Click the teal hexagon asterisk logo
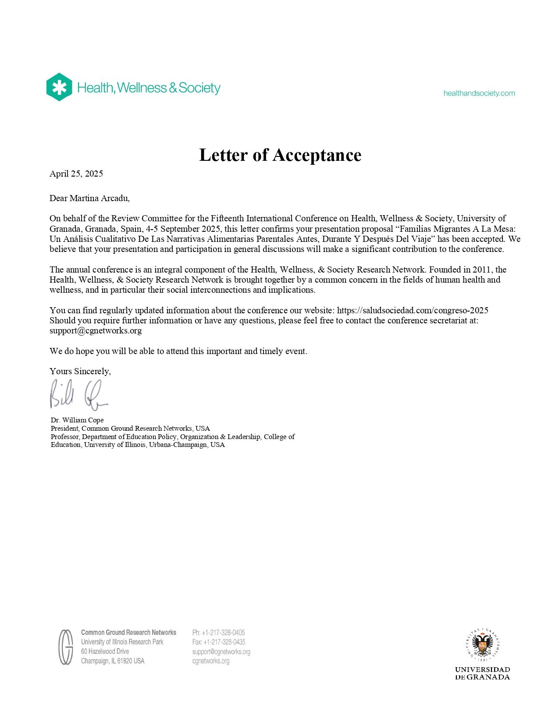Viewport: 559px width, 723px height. [59, 87]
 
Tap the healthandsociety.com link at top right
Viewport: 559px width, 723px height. [479, 93]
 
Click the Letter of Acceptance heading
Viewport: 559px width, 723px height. [280, 155]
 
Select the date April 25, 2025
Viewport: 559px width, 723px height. [76, 174]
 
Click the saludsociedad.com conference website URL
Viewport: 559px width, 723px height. [413, 311]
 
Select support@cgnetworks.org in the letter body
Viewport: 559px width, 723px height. [96, 331]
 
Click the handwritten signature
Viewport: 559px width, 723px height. [78, 395]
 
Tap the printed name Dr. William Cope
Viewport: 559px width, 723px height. [77, 420]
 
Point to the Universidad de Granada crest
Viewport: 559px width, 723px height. [482, 644]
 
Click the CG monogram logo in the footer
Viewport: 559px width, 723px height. [66, 647]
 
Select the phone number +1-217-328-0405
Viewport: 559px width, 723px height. [223, 633]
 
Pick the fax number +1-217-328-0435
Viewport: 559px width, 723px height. [224, 642]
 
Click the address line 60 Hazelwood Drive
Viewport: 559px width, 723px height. [105, 652]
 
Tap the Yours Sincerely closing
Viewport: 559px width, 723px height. [80, 372]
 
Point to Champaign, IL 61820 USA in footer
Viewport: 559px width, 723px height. [113, 661]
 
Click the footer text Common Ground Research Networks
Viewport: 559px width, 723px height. [128, 633]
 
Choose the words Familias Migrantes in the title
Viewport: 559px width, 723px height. [441, 229]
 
